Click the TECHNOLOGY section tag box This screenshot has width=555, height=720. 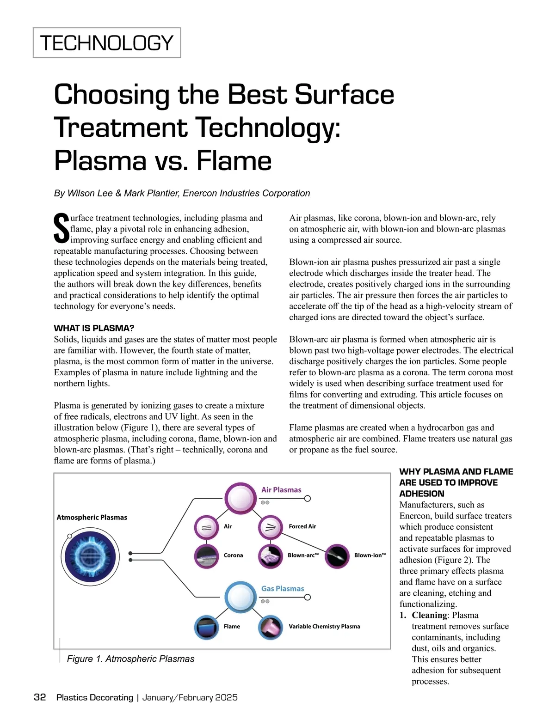click(107, 43)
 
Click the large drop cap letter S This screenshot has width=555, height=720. click(62, 228)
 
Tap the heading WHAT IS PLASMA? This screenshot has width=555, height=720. click(94, 328)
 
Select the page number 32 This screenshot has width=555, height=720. click(40, 697)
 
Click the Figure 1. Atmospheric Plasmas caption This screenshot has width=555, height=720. click(130, 659)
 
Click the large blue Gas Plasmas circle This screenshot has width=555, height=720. click(240, 597)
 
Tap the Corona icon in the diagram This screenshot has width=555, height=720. click(206, 555)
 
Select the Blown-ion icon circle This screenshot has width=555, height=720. click(337, 555)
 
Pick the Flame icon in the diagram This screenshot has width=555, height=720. click(206, 627)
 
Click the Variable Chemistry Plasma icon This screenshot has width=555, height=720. click(270, 627)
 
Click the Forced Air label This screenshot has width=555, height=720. click(302, 526)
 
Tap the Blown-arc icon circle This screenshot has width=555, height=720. click(270, 555)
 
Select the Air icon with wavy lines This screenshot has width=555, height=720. click(206, 527)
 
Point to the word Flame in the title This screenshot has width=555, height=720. click(234, 161)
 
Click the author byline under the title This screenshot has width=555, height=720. click(182, 193)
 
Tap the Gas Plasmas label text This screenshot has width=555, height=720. click(283, 588)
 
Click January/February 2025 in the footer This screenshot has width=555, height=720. click(190, 697)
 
